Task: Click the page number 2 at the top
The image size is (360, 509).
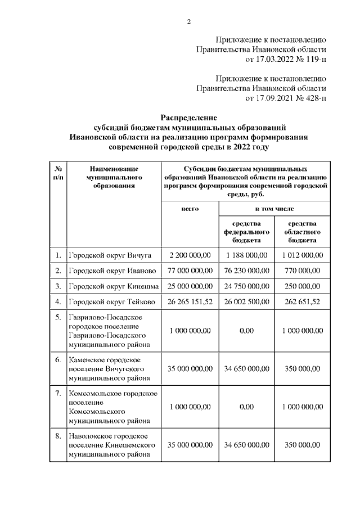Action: pos(190,22)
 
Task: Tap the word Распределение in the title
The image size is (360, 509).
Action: pos(189,118)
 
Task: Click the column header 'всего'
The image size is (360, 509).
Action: pos(190,209)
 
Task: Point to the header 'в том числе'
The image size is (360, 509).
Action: pos(274,209)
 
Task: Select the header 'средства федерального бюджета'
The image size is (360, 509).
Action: pos(246,232)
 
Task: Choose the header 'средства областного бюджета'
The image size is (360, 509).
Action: pos(302,232)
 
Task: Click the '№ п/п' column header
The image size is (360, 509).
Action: pos(58,173)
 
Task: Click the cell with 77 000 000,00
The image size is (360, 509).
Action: pos(190,271)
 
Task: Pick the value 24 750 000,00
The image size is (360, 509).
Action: pos(246,286)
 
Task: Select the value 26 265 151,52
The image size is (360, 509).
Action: pos(190,301)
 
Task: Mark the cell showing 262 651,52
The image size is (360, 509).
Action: pos(302,301)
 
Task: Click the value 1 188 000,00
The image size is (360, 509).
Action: pos(246,255)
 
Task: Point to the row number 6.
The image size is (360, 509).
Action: pos(58,359)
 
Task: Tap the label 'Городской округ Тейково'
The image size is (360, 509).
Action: pos(113,301)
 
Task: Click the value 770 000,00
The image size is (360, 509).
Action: pos(302,271)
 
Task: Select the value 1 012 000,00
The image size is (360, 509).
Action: pos(302,255)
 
